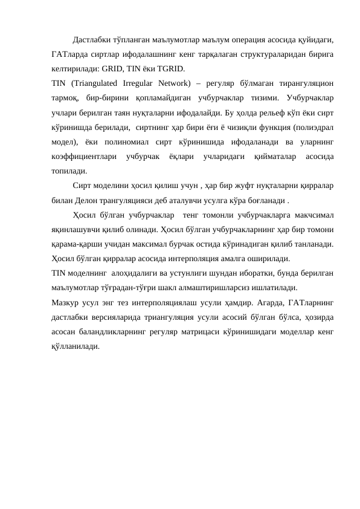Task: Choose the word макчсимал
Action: tap(311, 215)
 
